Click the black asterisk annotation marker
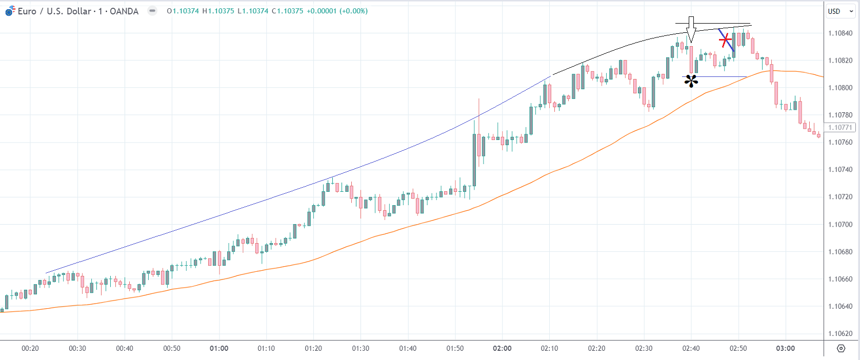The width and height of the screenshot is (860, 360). (691, 81)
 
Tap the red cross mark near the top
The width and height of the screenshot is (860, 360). (725, 39)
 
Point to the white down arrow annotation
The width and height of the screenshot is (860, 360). (691, 29)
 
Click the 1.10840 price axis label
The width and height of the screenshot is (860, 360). (841, 33)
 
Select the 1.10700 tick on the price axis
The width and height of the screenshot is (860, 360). (841, 225)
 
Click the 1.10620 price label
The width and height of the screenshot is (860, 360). (841, 334)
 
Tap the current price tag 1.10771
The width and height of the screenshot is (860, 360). (839, 128)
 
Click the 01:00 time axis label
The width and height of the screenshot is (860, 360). (219, 349)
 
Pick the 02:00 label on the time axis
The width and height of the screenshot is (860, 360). (502, 349)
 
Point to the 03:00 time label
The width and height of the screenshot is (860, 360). (785, 349)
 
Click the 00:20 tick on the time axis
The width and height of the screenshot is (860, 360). (30, 349)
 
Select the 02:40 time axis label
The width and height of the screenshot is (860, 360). (691, 349)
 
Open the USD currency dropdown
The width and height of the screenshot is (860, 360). (841, 11)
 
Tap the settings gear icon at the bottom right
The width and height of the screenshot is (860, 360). (841, 349)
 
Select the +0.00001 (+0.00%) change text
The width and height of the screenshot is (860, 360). (337, 11)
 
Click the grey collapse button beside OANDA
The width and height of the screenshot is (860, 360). (152, 11)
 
